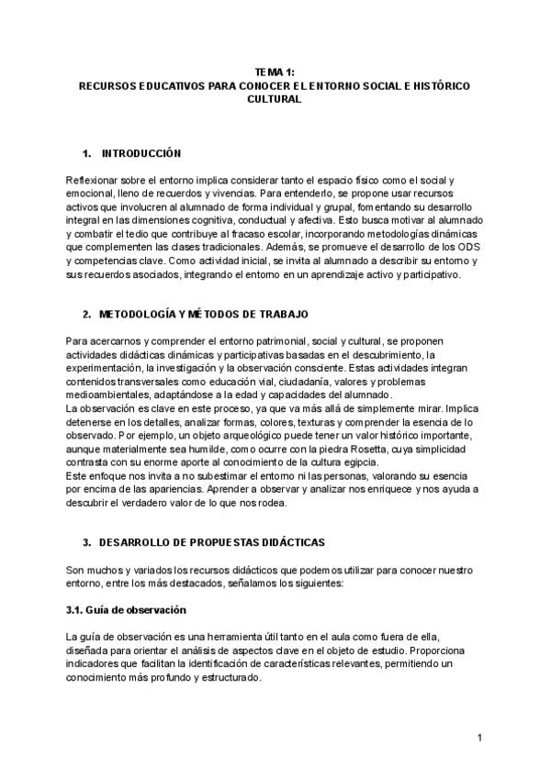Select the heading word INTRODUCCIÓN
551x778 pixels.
pos(141,152)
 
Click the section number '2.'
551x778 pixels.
pos(87,315)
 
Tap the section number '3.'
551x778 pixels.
pos(87,543)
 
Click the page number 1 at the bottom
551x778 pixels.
pos(479,737)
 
